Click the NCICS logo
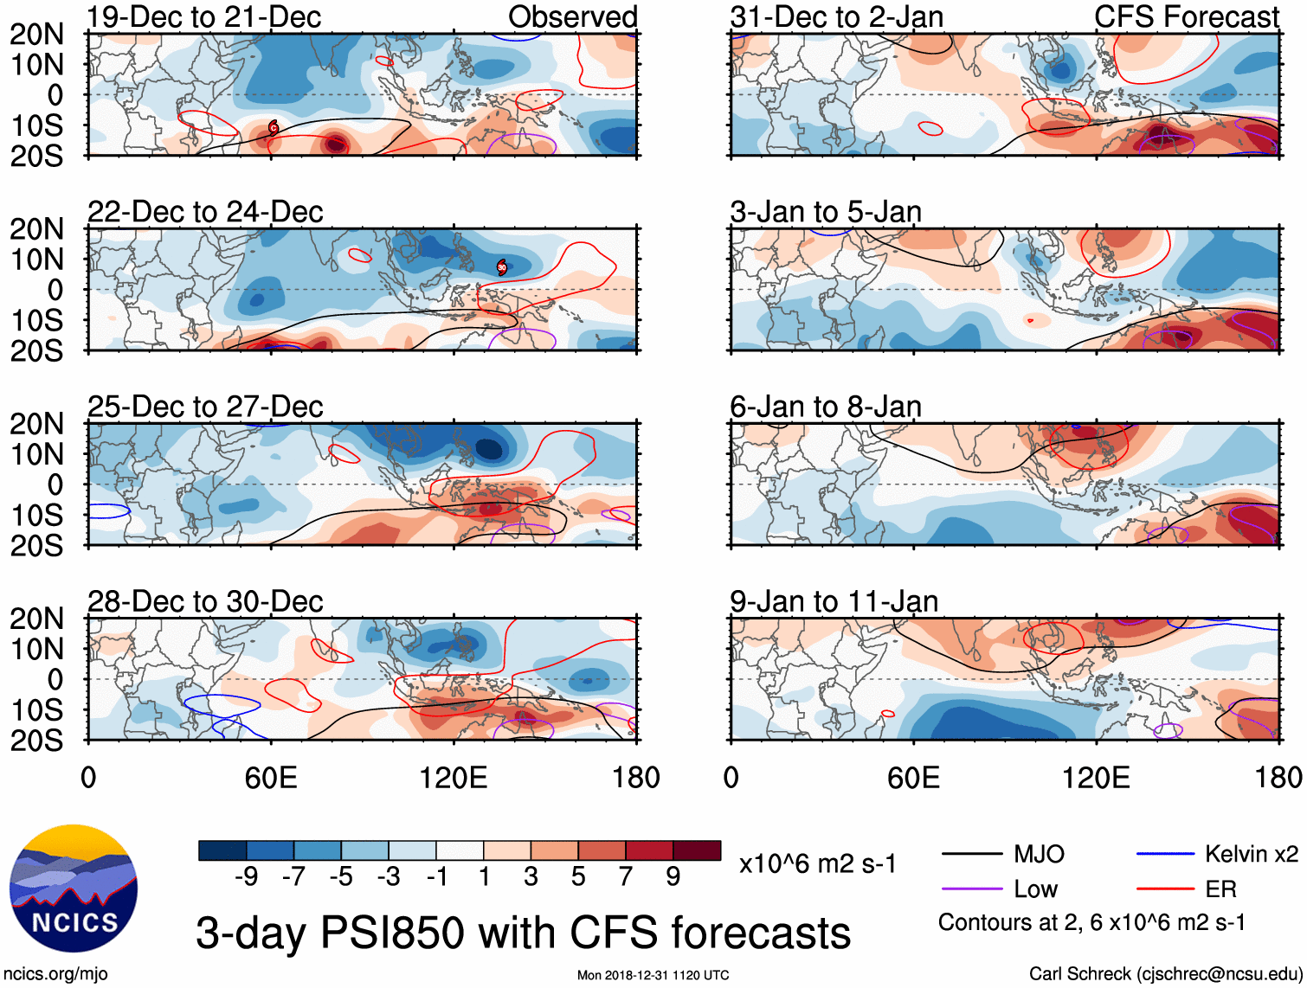(74, 889)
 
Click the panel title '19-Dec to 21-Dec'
(204, 17)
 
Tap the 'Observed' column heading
(572, 17)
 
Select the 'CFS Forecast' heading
(1186, 17)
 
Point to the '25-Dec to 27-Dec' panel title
(205, 407)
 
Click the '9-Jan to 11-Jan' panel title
(834, 601)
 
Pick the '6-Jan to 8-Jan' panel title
(825, 407)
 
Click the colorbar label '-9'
(246, 877)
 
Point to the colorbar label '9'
(673, 877)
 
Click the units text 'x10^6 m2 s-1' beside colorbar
(818, 863)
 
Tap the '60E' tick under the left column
(271, 777)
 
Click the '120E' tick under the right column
(1096, 777)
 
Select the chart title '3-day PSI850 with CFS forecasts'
(523, 933)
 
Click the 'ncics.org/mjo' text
(55, 974)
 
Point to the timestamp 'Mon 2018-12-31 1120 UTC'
(653, 976)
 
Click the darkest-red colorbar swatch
(697, 850)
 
